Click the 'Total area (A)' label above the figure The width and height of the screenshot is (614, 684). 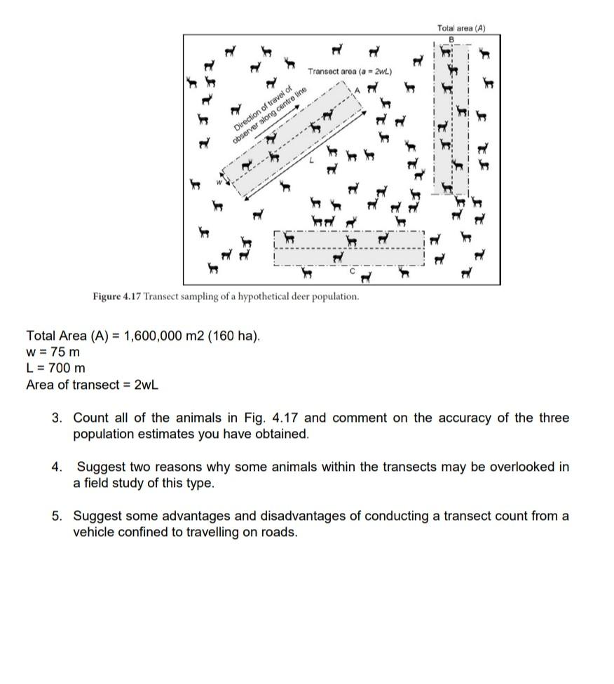pyautogui.click(x=460, y=28)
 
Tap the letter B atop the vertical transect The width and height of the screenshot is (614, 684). pyautogui.click(x=451, y=38)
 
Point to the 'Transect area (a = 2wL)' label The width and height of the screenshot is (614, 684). pyautogui.click(x=350, y=71)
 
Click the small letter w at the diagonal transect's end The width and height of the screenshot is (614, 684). pyautogui.click(x=218, y=183)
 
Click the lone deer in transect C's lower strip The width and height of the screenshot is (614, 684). pyautogui.click(x=339, y=258)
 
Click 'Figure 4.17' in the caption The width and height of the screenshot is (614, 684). pyautogui.click(x=116, y=296)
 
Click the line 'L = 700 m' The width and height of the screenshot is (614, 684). pyautogui.click(x=55, y=368)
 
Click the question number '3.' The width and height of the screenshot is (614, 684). pyautogui.click(x=57, y=418)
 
